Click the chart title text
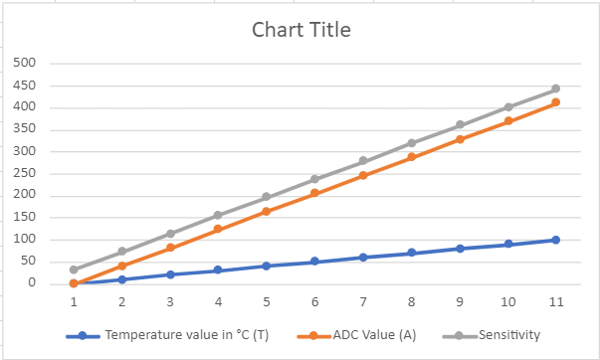click(x=300, y=30)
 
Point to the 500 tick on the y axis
click(x=25, y=64)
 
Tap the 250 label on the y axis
click(x=25, y=174)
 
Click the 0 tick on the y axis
click(x=33, y=283)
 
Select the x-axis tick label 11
click(x=555, y=301)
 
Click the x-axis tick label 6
click(x=314, y=301)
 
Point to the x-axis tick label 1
click(x=73, y=301)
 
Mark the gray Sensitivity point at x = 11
click(x=555, y=89)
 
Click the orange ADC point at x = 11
click(x=555, y=102)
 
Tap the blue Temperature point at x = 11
click(x=555, y=240)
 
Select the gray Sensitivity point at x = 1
click(x=73, y=270)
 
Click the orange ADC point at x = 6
click(x=314, y=193)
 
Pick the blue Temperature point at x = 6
click(x=314, y=262)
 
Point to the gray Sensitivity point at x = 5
click(x=266, y=197)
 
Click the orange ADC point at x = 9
click(x=459, y=139)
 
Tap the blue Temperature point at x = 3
click(x=169, y=274)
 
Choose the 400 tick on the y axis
click(x=25, y=107)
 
